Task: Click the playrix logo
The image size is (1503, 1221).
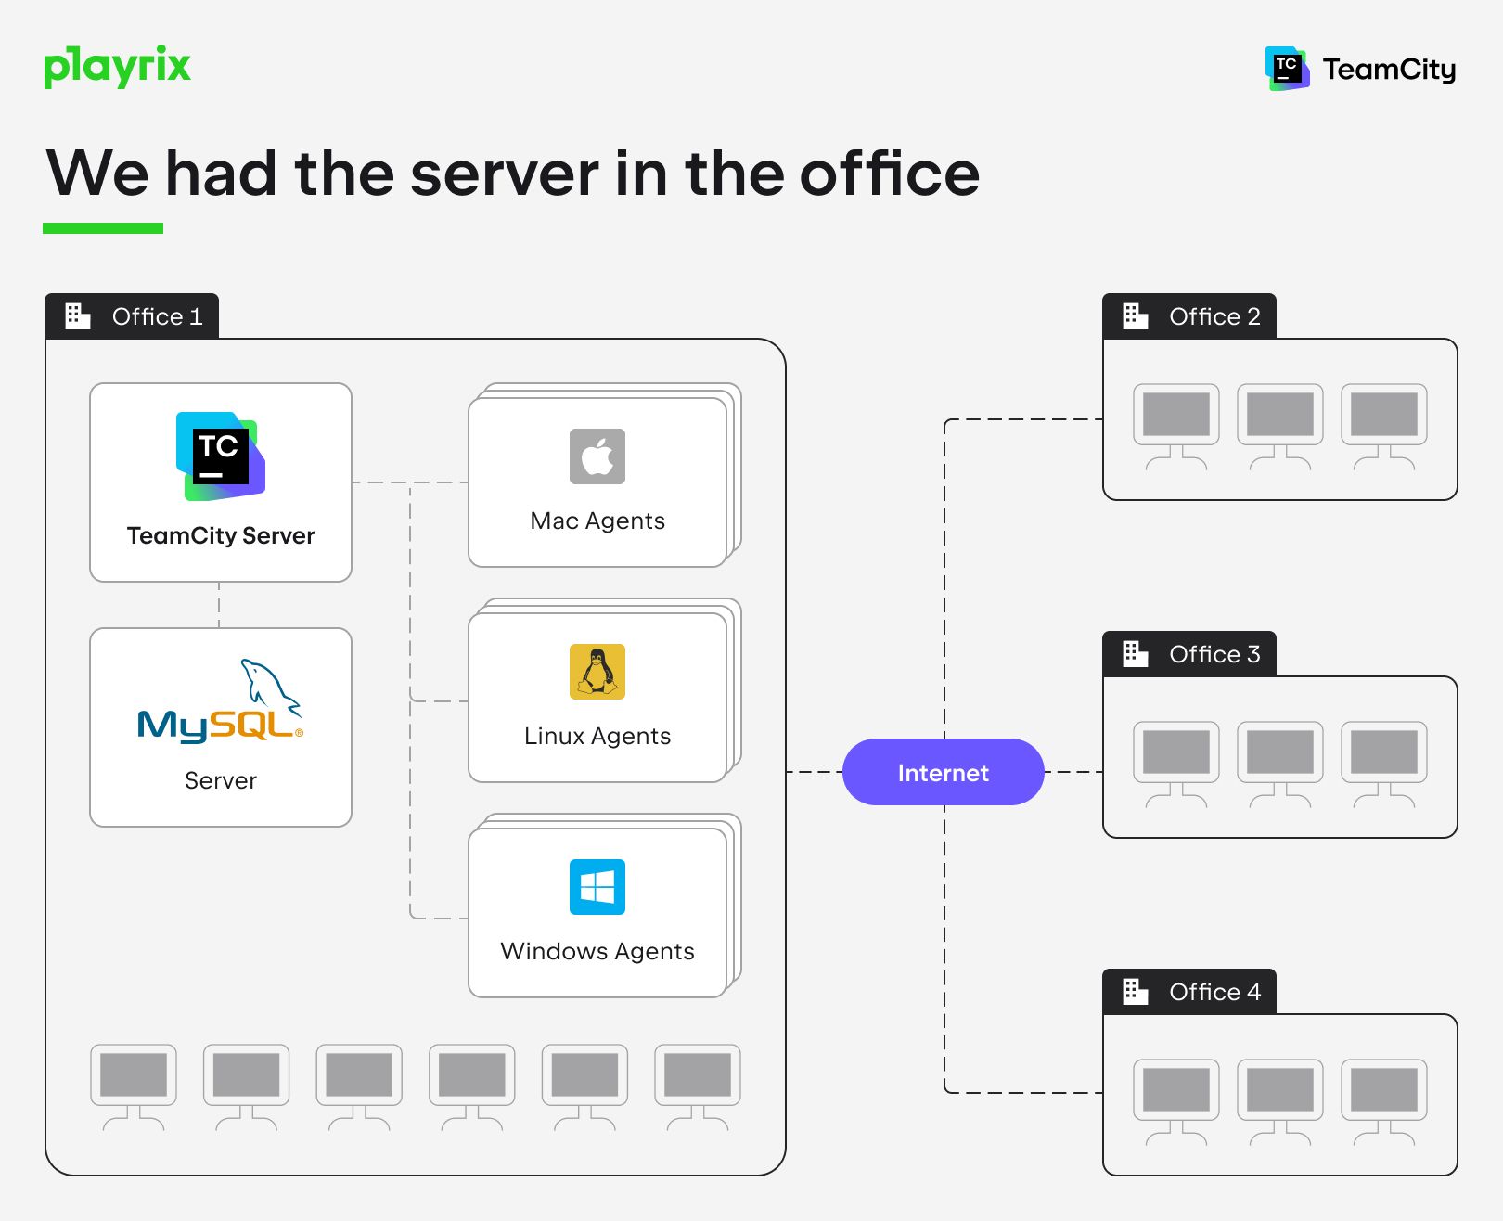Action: coord(117,67)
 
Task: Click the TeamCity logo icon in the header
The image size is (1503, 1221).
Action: coord(1287,69)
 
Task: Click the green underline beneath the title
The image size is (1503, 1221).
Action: coord(103,228)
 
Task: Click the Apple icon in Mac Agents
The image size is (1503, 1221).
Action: coord(597,456)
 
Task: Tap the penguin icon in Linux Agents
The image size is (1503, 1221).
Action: coord(597,672)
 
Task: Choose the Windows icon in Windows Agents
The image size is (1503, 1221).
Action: coord(597,887)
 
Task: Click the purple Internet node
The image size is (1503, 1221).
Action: coord(943,772)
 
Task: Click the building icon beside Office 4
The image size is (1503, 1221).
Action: coord(1135,992)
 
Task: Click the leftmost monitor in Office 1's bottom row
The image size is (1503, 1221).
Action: coord(134,1080)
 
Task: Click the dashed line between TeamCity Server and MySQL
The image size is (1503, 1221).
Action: coord(219,605)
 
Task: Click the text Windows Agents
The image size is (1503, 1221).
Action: coord(597,951)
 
